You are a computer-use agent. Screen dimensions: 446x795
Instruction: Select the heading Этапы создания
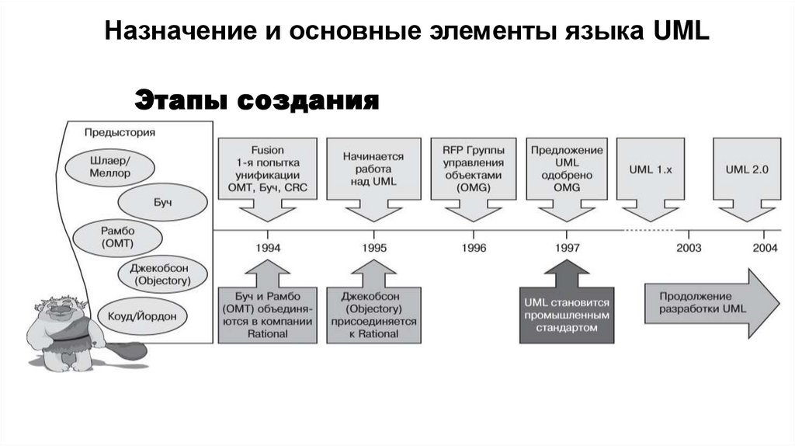tap(257, 100)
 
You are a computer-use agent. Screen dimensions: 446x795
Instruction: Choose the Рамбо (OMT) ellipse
tap(117, 237)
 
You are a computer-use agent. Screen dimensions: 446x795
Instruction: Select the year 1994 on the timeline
tap(268, 248)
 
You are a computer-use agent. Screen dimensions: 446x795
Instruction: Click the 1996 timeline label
tap(474, 248)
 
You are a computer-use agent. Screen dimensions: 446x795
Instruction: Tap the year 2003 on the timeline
tap(688, 248)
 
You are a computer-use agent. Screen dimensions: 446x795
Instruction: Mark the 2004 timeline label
tap(765, 248)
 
